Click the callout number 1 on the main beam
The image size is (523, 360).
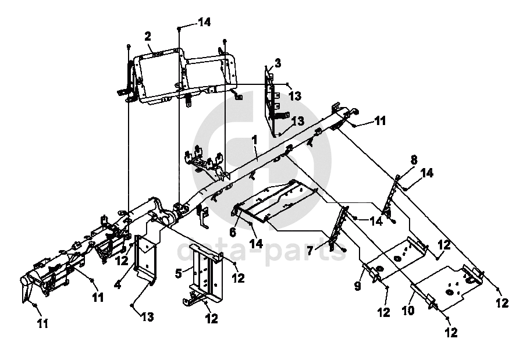(x=255, y=140)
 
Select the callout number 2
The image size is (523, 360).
(x=148, y=36)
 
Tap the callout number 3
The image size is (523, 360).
(x=277, y=63)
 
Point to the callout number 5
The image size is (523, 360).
(x=179, y=274)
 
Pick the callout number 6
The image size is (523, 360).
(x=233, y=231)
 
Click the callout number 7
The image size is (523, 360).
(x=310, y=250)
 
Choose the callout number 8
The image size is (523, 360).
(x=414, y=160)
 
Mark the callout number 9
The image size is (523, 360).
(x=358, y=286)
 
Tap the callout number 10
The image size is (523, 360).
(x=408, y=311)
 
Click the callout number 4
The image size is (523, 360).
(x=118, y=285)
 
